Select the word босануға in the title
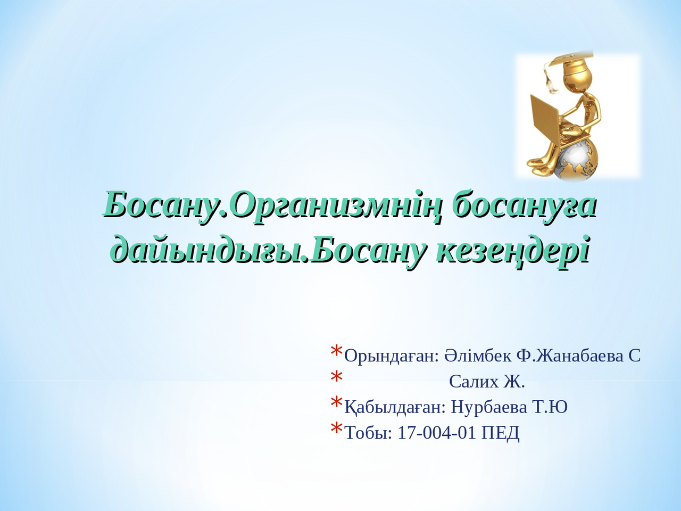(524, 205)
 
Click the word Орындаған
(392, 356)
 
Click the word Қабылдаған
(395, 407)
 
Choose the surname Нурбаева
(489, 407)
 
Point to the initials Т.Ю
(550, 407)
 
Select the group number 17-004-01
(437, 433)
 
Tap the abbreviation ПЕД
(500, 433)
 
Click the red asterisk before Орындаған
(336, 352)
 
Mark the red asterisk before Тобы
(336, 429)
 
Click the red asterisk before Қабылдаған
(336, 403)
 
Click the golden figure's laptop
(544, 120)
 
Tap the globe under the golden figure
(577, 160)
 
